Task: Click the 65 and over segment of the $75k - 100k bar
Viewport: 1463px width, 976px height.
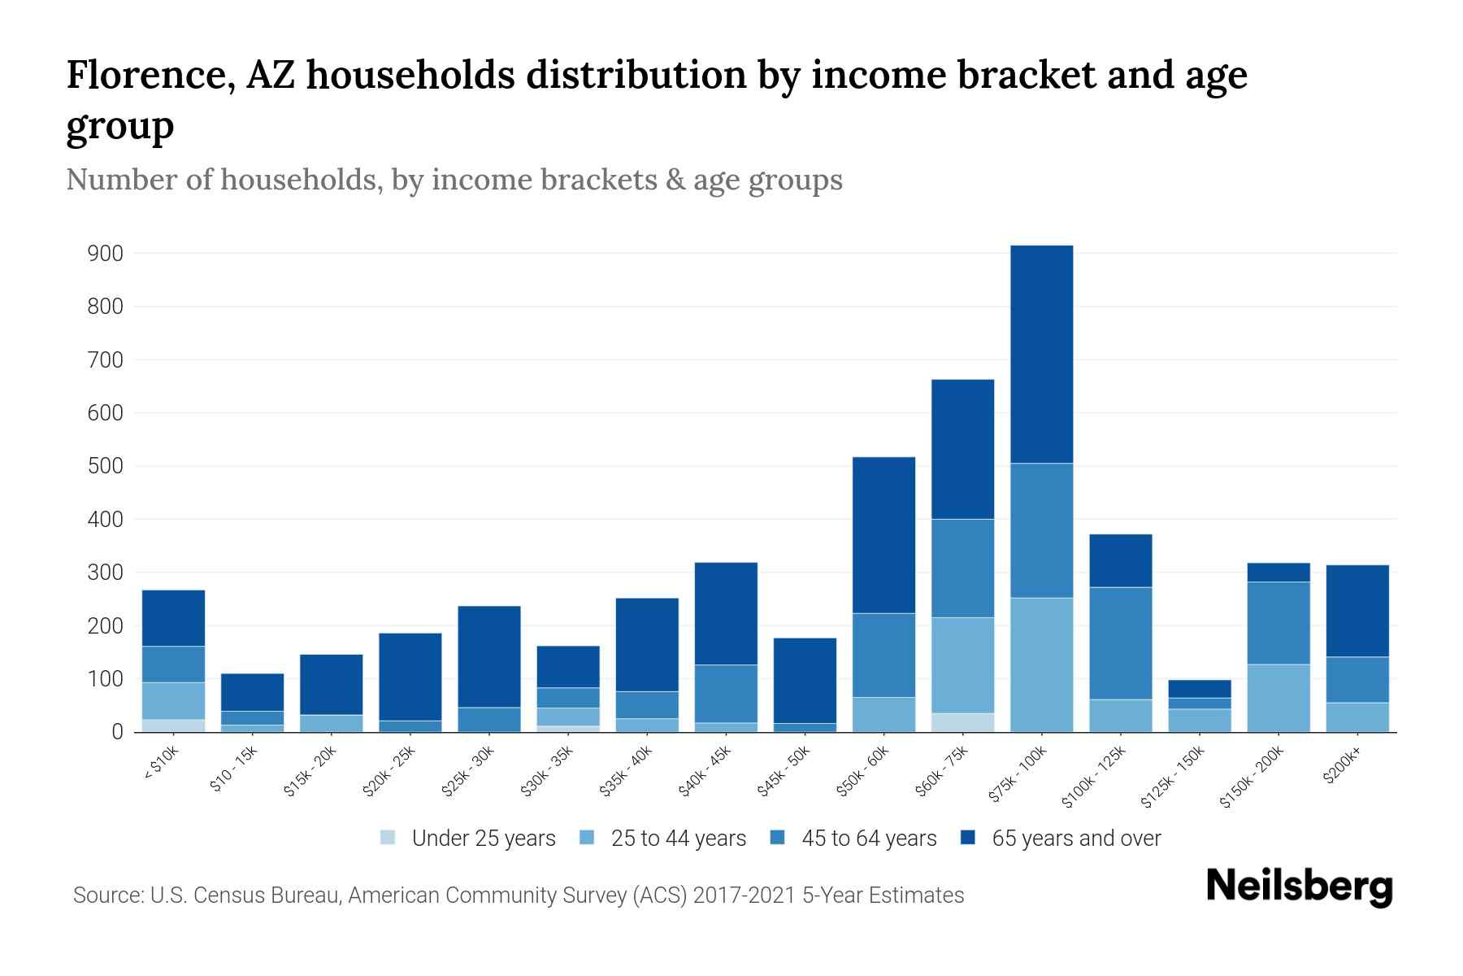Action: (1041, 354)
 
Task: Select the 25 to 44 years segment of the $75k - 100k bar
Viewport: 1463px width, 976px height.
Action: (1041, 664)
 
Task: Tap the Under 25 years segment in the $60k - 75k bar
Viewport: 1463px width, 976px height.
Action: (962, 722)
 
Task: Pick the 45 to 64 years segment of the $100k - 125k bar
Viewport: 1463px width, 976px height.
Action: (1120, 643)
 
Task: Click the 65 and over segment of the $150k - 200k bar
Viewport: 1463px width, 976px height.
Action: (1278, 573)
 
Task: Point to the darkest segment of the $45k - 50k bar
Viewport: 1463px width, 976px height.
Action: (805, 680)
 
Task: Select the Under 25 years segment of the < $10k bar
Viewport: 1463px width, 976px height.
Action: (173, 725)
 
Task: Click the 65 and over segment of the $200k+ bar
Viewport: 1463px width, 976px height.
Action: (1357, 610)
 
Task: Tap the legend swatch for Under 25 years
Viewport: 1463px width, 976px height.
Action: (388, 838)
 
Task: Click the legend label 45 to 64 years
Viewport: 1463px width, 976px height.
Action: (868, 839)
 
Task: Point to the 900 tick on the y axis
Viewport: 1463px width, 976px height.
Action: (105, 254)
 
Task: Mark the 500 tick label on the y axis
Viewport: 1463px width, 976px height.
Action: (105, 466)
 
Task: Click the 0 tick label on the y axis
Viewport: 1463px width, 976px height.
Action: (117, 732)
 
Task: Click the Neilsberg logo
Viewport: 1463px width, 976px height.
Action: (1299, 887)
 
